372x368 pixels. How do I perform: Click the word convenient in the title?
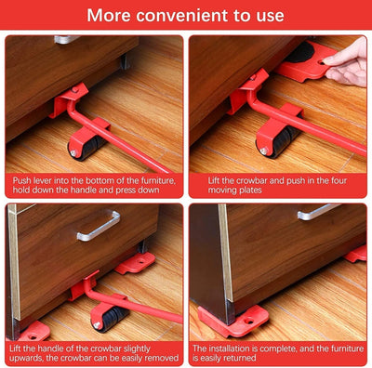(x=185, y=16)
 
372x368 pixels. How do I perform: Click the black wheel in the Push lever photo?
(x=76, y=146)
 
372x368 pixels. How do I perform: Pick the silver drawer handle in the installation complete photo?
(x=318, y=212)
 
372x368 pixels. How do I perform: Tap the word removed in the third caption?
(x=160, y=359)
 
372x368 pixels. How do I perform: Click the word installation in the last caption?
(x=228, y=347)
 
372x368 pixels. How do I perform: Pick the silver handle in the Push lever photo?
(x=65, y=39)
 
